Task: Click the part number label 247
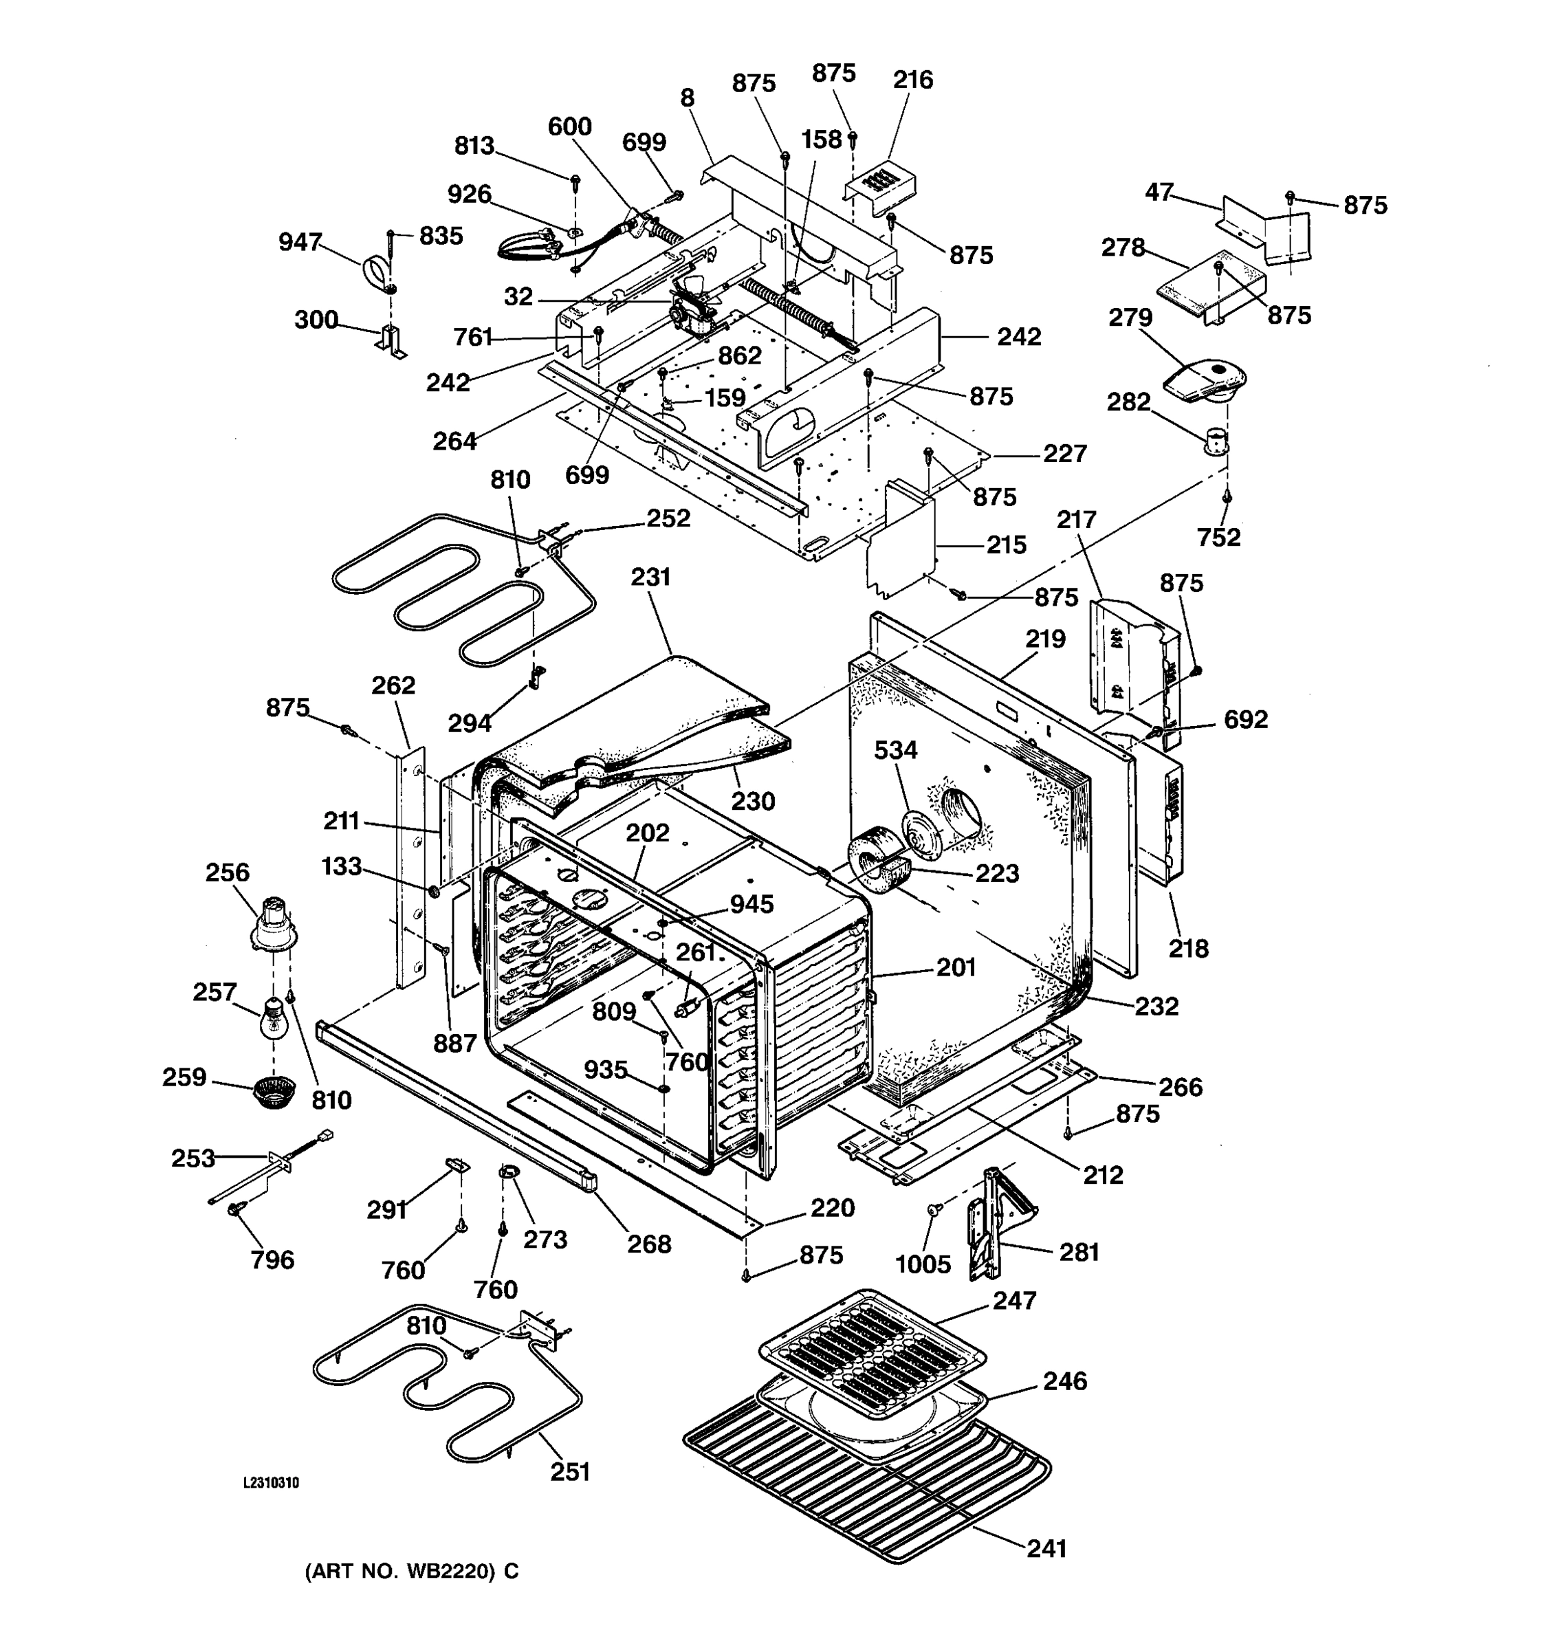[1014, 1300]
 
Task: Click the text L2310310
[271, 1483]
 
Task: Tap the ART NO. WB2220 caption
[412, 1571]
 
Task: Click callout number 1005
[922, 1264]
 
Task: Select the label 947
[300, 241]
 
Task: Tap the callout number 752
[1218, 537]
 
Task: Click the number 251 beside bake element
[570, 1471]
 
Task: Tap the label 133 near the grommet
[341, 866]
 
